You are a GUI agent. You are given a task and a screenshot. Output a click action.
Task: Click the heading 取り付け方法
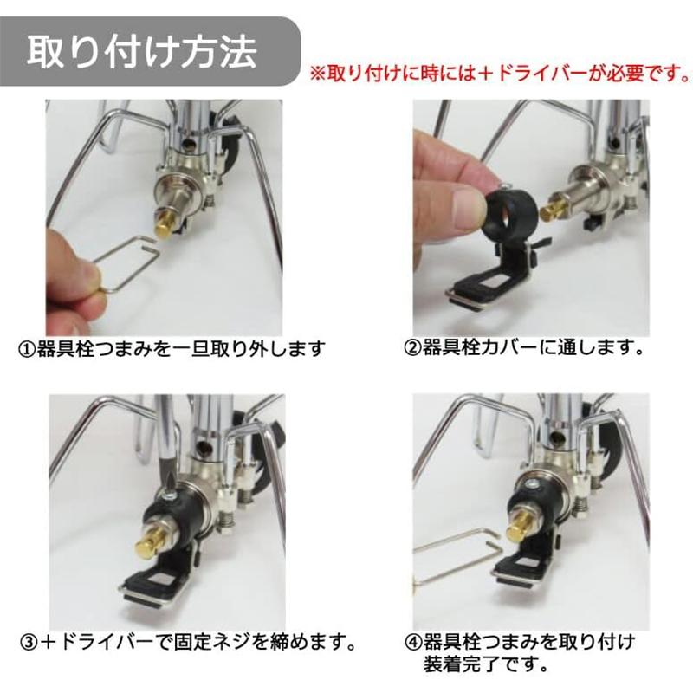pos(142,51)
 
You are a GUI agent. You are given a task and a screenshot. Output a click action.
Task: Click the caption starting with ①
pos(172,349)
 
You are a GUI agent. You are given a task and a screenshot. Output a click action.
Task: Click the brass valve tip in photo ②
pos(552,210)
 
